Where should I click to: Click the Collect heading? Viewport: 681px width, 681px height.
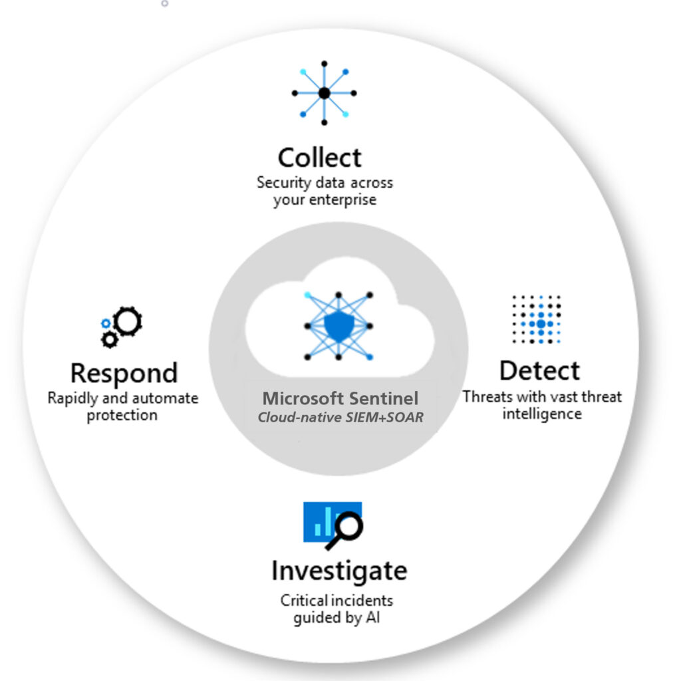pyautogui.click(x=319, y=158)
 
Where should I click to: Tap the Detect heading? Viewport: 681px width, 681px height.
pyautogui.click(x=539, y=370)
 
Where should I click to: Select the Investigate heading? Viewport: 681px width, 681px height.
pyautogui.click(x=339, y=571)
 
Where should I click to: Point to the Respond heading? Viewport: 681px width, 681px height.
pyautogui.click(x=124, y=373)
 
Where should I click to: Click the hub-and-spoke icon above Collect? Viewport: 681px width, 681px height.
pyautogui.click(x=324, y=93)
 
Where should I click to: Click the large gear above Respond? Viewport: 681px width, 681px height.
pyautogui.click(x=128, y=321)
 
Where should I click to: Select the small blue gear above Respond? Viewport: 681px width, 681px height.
pyautogui.click(x=106, y=323)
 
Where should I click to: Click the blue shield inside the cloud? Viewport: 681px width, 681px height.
pyautogui.click(x=339, y=326)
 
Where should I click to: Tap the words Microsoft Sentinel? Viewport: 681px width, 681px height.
pyautogui.click(x=340, y=399)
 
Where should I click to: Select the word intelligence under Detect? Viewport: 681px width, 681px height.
pyautogui.click(x=541, y=414)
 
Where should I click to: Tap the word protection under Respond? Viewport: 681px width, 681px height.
pyautogui.click(x=122, y=416)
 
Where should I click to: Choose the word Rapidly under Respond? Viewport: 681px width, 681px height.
pyautogui.click(x=72, y=398)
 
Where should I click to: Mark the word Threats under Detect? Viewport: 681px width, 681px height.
pyautogui.click(x=488, y=397)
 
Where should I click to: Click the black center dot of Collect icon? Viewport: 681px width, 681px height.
pyautogui.click(x=324, y=93)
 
